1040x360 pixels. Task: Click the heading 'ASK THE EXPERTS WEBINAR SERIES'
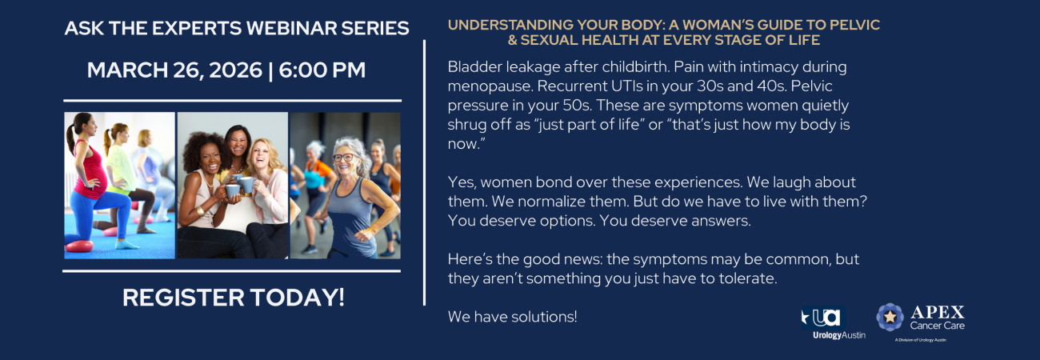coord(237,28)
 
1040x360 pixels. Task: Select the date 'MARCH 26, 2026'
coord(174,70)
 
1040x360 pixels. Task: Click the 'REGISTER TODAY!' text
coord(233,298)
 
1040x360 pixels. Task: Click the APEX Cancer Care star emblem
coord(890,318)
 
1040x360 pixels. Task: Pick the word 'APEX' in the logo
coord(937,312)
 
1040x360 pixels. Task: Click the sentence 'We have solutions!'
coord(512,317)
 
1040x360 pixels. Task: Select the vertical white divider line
coord(424,172)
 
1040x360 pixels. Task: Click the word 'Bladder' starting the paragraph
coord(474,66)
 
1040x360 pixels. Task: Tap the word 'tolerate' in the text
coord(750,278)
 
